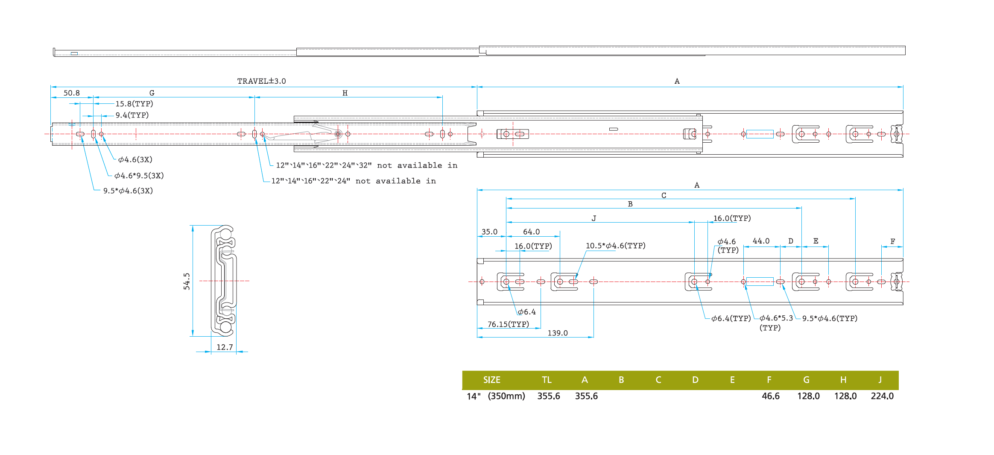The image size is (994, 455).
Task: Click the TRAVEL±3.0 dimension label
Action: point(261,81)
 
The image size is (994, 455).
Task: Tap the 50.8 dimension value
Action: point(71,93)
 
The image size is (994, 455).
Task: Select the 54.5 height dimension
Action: point(187,281)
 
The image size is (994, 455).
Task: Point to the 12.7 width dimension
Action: point(225,347)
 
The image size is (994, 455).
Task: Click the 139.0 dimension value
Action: point(558,333)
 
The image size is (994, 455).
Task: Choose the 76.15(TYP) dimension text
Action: point(508,324)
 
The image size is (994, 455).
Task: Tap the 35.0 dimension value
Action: point(489,232)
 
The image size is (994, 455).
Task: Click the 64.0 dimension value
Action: point(531,232)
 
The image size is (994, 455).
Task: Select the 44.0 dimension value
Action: point(761,241)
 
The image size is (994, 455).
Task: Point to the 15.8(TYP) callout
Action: point(134,104)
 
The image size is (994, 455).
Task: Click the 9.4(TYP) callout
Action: point(132,115)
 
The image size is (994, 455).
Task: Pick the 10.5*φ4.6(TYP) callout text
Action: point(615,246)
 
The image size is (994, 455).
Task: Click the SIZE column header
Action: point(491,380)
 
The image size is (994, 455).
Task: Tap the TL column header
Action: point(547,380)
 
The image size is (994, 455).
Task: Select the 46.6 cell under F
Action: point(770,396)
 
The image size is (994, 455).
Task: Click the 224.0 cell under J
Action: point(882,396)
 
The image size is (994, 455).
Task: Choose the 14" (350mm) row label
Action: point(496,396)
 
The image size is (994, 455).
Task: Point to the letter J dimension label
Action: point(593,218)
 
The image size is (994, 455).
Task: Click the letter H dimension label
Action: point(345,93)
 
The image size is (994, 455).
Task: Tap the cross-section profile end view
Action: point(225,281)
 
